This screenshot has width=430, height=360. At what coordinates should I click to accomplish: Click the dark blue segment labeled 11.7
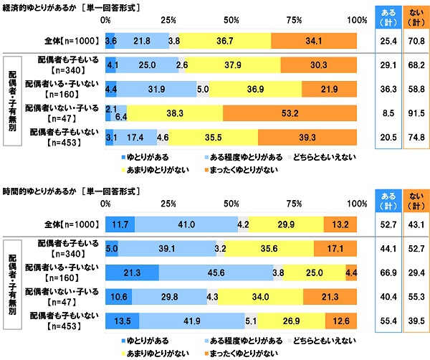[120, 224]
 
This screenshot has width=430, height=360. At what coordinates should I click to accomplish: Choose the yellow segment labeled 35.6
[269, 248]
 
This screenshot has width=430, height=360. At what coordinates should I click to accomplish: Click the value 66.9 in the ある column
[387, 273]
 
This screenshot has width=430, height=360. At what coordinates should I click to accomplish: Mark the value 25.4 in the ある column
[387, 42]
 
